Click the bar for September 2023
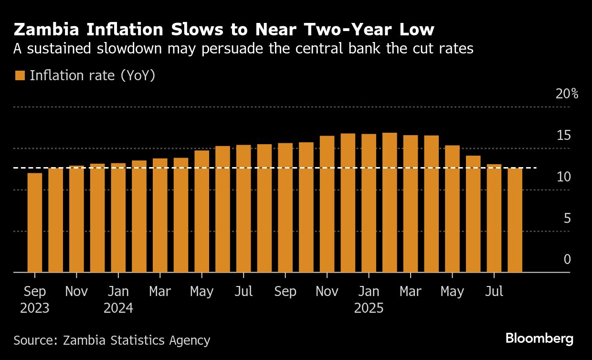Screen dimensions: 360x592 pos(35,222)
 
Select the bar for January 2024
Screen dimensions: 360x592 pos(118,218)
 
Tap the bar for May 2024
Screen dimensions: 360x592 pos(202,212)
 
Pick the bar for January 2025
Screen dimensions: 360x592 pos(369,203)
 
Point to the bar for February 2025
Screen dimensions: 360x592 pos(390,202)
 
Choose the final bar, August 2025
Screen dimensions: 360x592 pos(515,220)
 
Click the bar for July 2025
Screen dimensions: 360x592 pos(494,218)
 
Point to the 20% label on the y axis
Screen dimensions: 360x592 pos(567,94)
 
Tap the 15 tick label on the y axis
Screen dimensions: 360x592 pos(563,136)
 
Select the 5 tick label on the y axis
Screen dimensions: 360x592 pos(567,219)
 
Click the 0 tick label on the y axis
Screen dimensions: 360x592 pos(567,260)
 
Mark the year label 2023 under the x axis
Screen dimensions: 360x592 pos(34,308)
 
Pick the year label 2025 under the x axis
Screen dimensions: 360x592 pos(369,308)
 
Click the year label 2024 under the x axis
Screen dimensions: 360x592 pos(118,308)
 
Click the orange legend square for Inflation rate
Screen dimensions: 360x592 pos(20,75)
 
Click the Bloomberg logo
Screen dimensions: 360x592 pos(539,339)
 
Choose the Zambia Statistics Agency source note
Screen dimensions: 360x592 pos(112,340)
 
